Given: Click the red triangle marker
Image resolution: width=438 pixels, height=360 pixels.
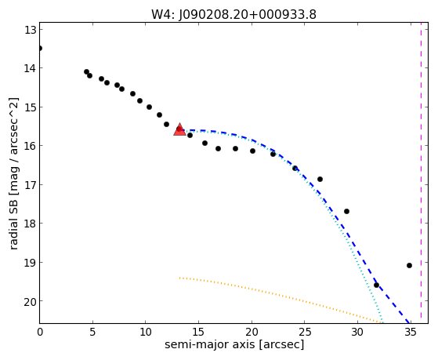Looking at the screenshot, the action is point(179,129).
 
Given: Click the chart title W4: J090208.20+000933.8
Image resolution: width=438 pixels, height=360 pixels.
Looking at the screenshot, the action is point(233,15).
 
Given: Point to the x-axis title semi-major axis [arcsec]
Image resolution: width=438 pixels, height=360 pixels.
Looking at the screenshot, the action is point(234,344).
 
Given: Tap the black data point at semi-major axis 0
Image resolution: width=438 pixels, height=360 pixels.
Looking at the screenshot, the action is point(40,49).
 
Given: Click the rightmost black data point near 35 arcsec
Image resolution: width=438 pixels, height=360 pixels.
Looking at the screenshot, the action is point(409,265).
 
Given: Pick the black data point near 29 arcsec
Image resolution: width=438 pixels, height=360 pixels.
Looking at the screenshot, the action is point(346,211).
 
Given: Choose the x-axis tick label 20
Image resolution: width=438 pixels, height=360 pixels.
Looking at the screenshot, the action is point(252,332).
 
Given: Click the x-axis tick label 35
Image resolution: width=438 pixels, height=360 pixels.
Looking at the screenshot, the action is point(411,332).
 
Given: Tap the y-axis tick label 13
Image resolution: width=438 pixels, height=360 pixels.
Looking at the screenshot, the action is point(31,30).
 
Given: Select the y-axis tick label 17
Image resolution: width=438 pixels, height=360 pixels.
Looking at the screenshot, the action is point(31,185).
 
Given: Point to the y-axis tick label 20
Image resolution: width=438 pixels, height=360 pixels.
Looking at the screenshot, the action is point(31,301).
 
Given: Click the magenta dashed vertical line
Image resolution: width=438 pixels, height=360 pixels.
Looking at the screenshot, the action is point(421,173).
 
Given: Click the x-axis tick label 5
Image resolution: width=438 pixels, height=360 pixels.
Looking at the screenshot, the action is point(92,332).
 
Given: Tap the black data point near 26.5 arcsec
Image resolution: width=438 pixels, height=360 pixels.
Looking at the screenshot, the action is point(320,179).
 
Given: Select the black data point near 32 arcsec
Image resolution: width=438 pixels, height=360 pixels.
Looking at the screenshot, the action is point(376,285).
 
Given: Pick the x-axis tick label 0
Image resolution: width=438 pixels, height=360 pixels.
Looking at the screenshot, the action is point(40,332).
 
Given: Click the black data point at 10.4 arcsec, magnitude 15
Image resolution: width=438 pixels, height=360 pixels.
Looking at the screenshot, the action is point(149,107).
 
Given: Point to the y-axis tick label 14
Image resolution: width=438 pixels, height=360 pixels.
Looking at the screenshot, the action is point(31,68).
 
